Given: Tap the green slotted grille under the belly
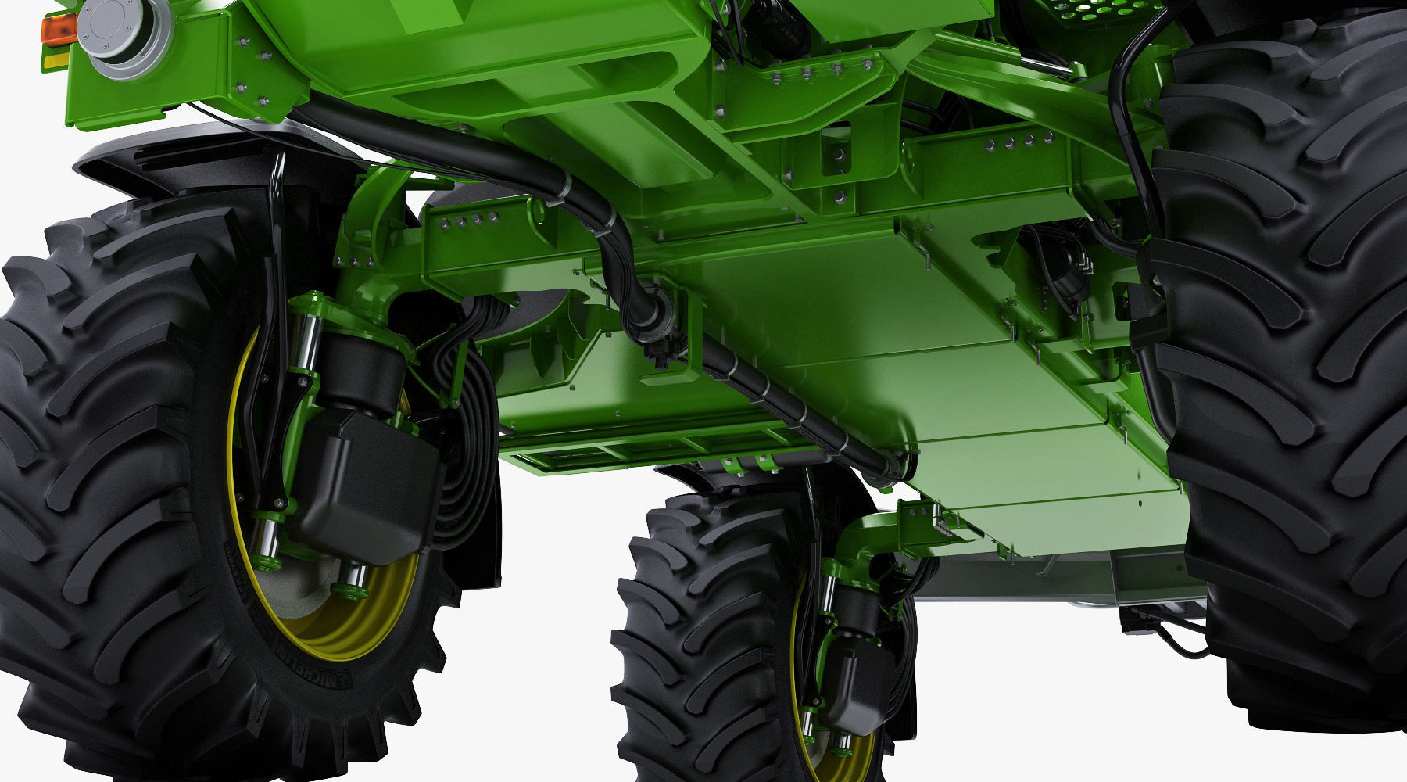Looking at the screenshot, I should tap(625, 454).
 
